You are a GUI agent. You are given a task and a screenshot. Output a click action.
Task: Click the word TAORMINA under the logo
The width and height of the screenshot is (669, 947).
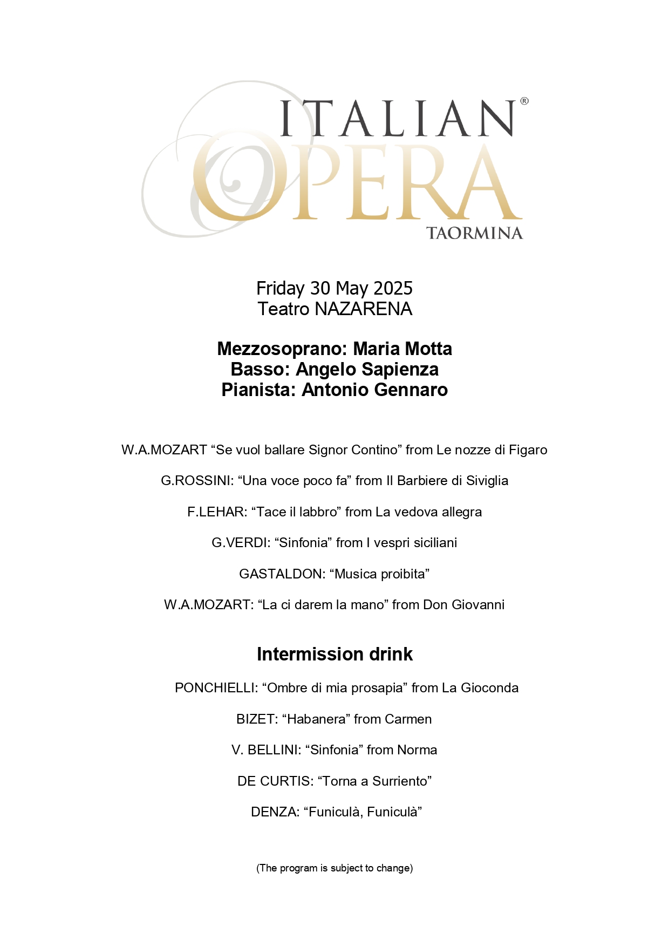coord(474,233)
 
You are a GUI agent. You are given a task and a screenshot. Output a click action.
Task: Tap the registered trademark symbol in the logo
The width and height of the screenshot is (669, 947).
coord(524,101)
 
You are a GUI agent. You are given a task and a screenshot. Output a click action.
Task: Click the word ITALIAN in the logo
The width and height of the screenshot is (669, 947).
coord(398,118)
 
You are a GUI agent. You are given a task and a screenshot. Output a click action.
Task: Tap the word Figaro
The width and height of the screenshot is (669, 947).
coord(528,450)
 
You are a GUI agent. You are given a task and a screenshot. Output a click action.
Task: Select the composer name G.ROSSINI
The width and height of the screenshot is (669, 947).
coord(197,481)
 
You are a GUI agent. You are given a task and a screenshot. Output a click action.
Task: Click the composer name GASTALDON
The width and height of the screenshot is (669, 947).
coord(282,574)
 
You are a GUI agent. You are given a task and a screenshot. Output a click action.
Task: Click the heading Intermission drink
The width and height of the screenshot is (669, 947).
coord(334,654)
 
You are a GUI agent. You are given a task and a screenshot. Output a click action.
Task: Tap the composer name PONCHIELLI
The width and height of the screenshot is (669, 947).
coord(215,688)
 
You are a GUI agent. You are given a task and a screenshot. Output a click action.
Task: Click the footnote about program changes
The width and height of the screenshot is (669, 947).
coord(334,868)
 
